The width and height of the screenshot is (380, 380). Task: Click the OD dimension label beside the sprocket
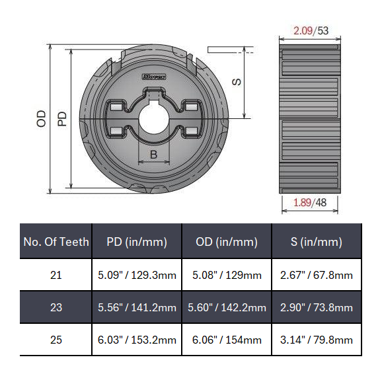[42, 119]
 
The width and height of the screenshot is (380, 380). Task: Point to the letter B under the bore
[153, 155]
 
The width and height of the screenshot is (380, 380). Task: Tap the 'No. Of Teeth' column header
[56, 242]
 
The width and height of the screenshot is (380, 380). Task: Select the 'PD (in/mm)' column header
[137, 242]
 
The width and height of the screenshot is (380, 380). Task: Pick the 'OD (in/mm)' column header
[226, 242]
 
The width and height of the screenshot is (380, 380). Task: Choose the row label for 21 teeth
[56, 275]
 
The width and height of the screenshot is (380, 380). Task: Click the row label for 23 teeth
[56, 307]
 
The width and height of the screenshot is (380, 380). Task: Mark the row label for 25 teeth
[56, 340]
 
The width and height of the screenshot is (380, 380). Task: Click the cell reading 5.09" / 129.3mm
[137, 275]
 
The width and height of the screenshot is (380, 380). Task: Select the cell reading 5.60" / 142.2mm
[226, 307]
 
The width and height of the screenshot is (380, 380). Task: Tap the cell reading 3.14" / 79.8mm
[317, 340]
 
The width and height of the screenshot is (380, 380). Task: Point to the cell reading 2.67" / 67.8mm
[317, 275]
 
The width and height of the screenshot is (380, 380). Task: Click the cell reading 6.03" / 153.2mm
[137, 340]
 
